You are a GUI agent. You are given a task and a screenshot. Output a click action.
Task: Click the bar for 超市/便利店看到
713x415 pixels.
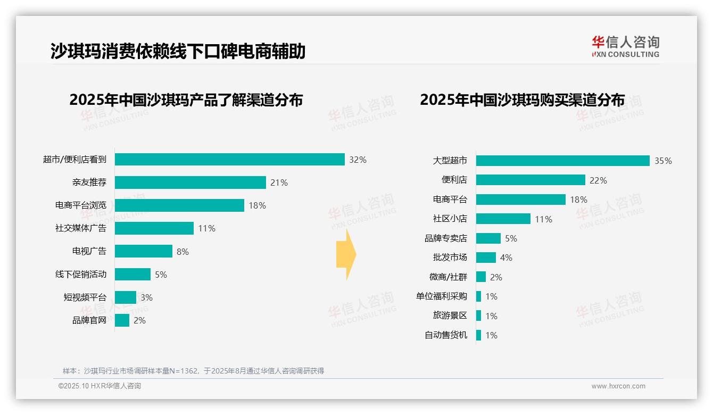tap(230, 160)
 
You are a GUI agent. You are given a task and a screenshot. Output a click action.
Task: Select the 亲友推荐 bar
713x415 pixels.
tap(190, 182)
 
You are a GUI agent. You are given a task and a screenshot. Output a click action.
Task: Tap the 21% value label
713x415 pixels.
tap(279, 182)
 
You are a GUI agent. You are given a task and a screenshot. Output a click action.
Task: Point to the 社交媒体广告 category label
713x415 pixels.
tap(81, 228)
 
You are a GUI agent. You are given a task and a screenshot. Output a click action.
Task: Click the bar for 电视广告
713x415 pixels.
tap(144, 251)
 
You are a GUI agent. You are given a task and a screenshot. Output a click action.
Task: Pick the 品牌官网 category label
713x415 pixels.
tap(89, 320)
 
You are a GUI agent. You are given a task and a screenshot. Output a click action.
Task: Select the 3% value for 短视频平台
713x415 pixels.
tap(146, 297)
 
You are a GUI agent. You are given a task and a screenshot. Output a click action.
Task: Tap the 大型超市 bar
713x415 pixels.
tap(562, 161)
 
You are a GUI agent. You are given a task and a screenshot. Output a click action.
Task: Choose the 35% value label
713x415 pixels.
tap(663, 161)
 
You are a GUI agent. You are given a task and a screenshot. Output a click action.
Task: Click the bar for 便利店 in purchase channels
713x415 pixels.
tap(530, 180)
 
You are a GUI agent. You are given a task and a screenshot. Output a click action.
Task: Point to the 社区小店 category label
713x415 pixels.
tap(450, 219)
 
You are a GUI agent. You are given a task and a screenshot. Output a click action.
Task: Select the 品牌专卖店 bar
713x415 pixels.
tap(488, 238)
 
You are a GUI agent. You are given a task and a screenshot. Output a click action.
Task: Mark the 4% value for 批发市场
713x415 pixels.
tap(506, 258)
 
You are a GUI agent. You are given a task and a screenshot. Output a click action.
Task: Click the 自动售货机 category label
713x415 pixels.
tap(446, 335)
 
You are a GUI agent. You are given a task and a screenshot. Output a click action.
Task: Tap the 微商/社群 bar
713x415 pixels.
tap(481, 277)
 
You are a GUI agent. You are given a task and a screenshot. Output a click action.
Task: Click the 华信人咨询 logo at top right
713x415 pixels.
tap(625, 47)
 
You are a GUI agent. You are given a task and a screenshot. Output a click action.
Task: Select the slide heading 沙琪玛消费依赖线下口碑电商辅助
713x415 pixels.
tap(178, 51)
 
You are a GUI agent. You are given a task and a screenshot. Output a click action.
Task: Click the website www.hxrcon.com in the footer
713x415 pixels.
tap(618, 386)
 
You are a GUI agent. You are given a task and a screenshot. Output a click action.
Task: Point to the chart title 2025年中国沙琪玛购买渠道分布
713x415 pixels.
tap(522, 100)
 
